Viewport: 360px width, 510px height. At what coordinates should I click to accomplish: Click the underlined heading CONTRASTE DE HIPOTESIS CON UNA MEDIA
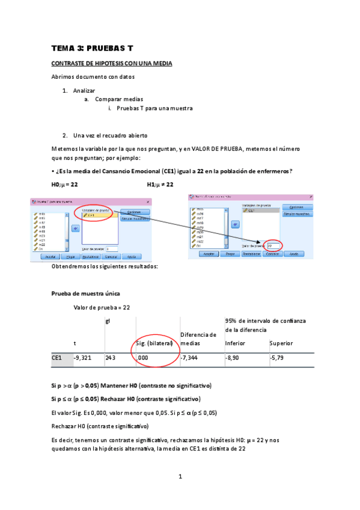point(112,63)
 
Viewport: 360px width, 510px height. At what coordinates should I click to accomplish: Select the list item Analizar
point(84,90)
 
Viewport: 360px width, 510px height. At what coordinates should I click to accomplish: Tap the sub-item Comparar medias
point(119,99)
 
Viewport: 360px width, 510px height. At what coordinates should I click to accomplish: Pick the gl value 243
point(110,357)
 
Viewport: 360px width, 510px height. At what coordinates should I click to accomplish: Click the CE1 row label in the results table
point(56,357)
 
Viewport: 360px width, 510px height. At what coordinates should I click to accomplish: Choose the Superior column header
point(282,343)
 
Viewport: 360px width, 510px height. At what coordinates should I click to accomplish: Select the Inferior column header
point(235,343)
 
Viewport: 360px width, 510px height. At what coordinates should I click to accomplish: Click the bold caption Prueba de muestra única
point(86,293)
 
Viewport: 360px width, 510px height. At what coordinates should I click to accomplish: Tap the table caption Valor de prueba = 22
point(101,307)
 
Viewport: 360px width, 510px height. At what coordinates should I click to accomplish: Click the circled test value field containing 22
point(273,246)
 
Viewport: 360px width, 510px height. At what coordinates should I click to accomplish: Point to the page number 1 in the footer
point(180,477)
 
